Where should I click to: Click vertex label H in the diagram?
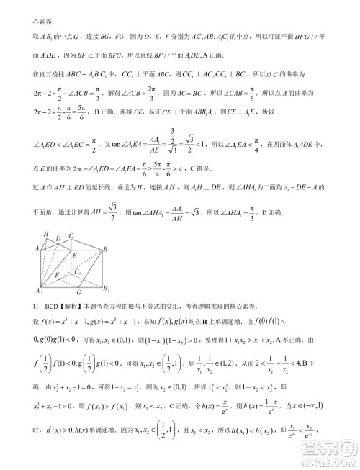click(45, 235)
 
